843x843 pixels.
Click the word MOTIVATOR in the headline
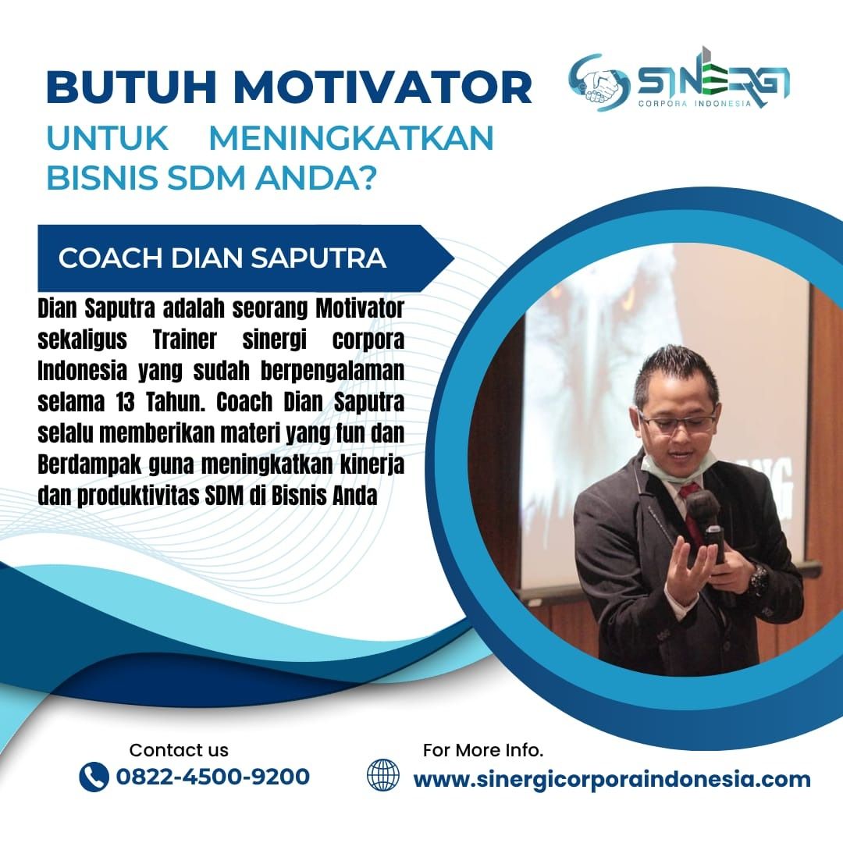tap(382, 87)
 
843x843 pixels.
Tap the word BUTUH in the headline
tap(132, 87)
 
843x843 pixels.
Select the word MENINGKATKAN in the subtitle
tap(351, 137)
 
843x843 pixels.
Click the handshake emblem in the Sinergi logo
tap(599, 82)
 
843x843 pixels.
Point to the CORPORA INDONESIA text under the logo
tap(694, 103)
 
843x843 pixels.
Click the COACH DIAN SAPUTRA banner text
tap(222, 258)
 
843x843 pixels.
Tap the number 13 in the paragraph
tap(125, 402)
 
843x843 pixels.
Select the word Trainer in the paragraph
tap(184, 340)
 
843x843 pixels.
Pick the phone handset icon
tap(94, 777)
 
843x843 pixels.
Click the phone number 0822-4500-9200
tap(213, 777)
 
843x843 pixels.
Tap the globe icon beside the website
tap(382, 775)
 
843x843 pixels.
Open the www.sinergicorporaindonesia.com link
tap(612, 779)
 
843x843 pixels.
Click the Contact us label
tap(179, 750)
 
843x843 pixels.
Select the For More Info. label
tap(483, 750)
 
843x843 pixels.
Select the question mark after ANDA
tap(365, 177)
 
